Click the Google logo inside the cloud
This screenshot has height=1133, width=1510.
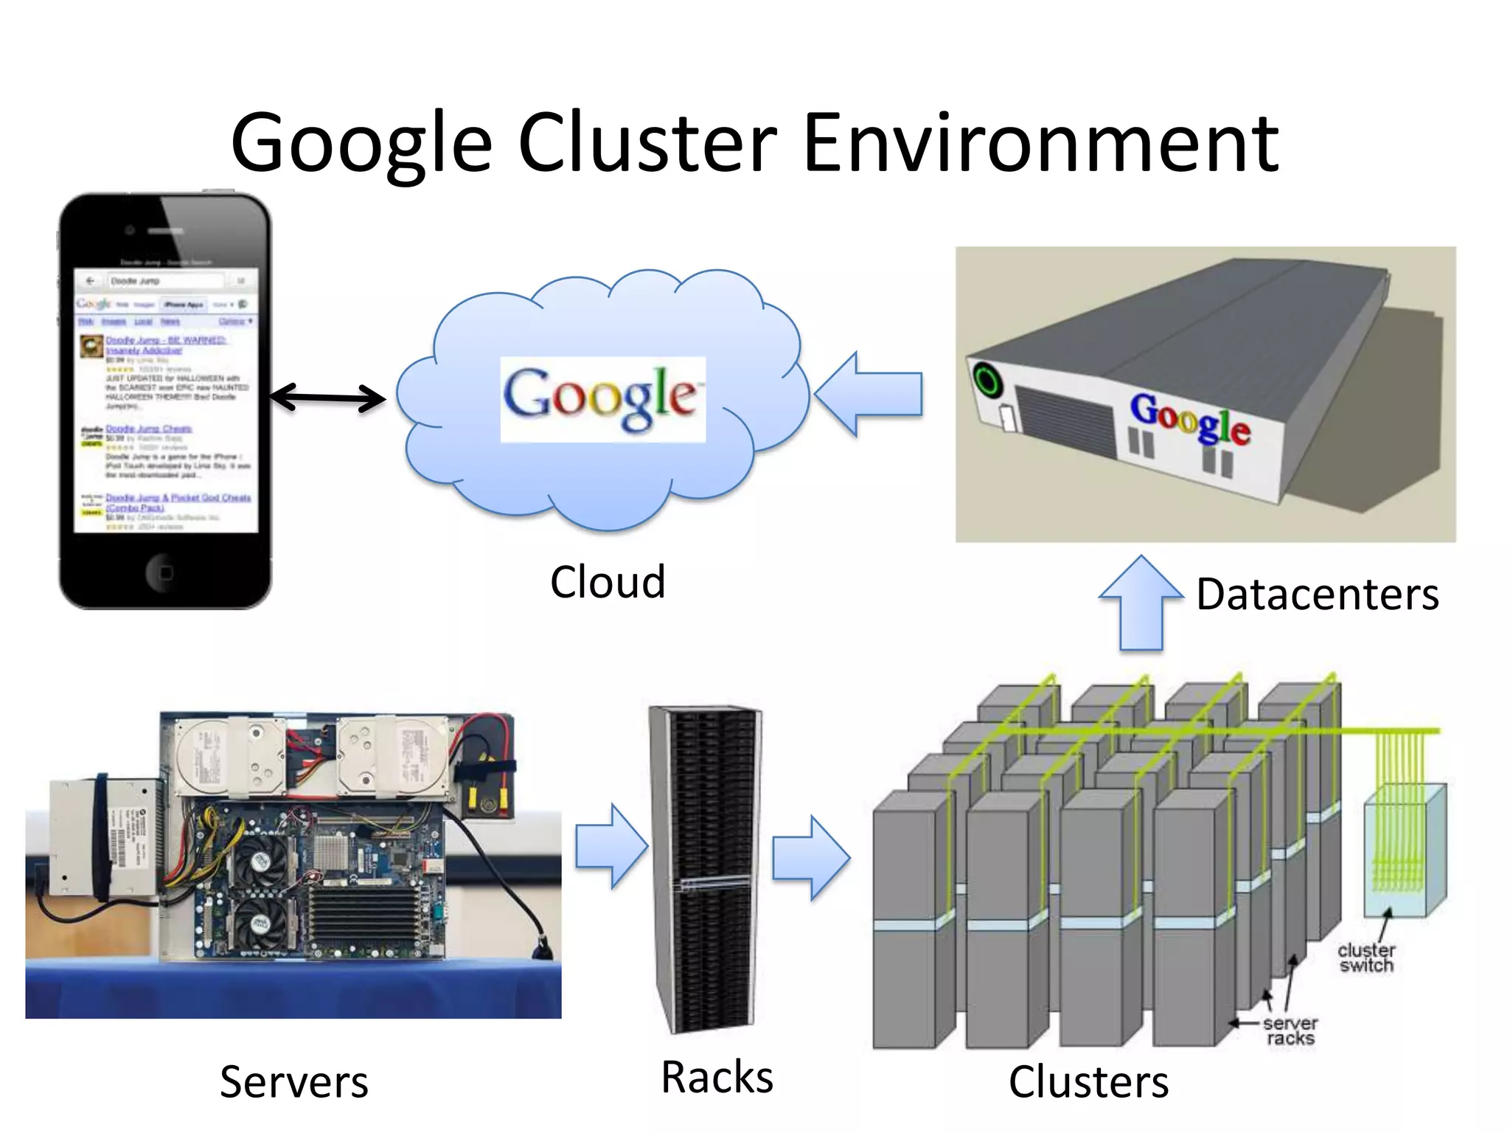pos(602,399)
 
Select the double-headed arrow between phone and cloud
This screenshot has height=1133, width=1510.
pos(327,398)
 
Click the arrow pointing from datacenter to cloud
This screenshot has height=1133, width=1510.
pos(870,395)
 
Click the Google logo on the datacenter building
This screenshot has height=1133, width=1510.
pos(1190,419)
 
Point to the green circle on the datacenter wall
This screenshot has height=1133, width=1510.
pos(987,381)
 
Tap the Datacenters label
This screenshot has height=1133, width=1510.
pos(1317,594)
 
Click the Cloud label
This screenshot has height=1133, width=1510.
pos(608,582)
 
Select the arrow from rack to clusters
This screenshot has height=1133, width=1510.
pos(810,858)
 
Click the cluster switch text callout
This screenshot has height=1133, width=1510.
pos(1366,957)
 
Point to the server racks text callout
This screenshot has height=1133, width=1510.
pos(1290,1030)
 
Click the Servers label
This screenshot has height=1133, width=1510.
pos(293,1082)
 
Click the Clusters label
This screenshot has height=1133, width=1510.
pos(1088,1082)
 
